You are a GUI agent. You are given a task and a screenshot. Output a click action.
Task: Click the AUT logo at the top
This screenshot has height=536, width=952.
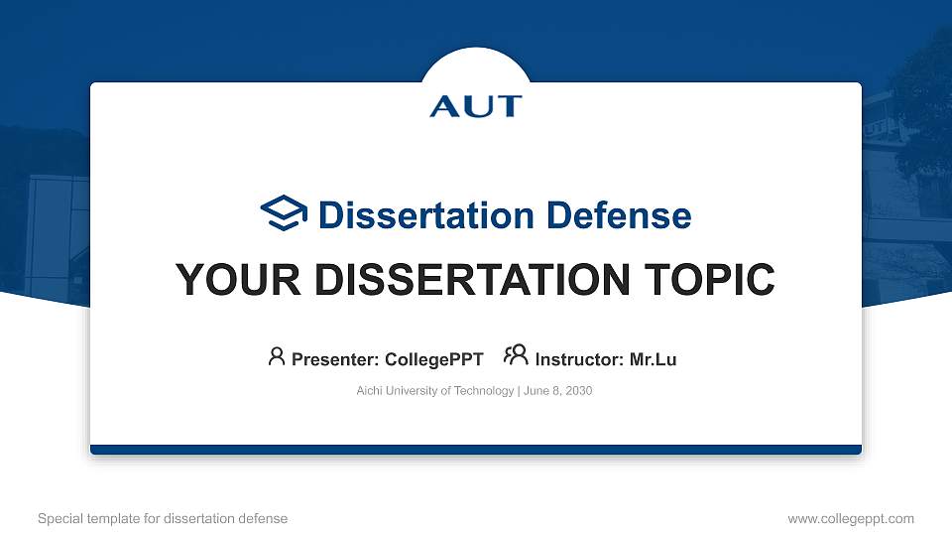[476, 105]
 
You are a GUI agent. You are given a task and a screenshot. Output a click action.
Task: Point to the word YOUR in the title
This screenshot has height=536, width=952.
[227, 281]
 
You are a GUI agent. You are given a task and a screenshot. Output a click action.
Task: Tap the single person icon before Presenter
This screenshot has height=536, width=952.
[277, 355]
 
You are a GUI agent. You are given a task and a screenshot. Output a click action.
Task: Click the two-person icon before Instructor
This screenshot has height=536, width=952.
[516, 355]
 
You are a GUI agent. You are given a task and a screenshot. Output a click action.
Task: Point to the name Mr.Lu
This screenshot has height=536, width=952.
[654, 359]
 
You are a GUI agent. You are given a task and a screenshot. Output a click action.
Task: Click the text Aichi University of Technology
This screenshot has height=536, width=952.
[434, 391]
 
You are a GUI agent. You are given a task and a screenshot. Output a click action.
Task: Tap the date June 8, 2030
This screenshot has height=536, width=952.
[556, 391]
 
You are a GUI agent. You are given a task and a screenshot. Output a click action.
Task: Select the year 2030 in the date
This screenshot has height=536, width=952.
[578, 391]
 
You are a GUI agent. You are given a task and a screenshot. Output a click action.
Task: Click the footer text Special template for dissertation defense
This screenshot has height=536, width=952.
[162, 518]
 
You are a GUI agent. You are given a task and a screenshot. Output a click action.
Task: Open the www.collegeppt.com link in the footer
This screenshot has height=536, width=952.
[851, 518]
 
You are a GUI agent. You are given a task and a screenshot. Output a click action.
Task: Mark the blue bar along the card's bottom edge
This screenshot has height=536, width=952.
[476, 450]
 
